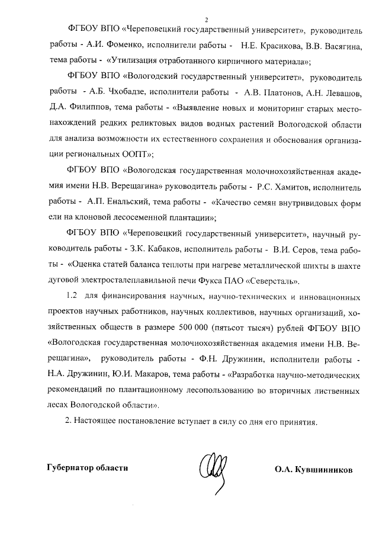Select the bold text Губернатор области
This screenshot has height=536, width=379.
click(88, 468)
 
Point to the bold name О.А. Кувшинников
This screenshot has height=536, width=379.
click(313, 469)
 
